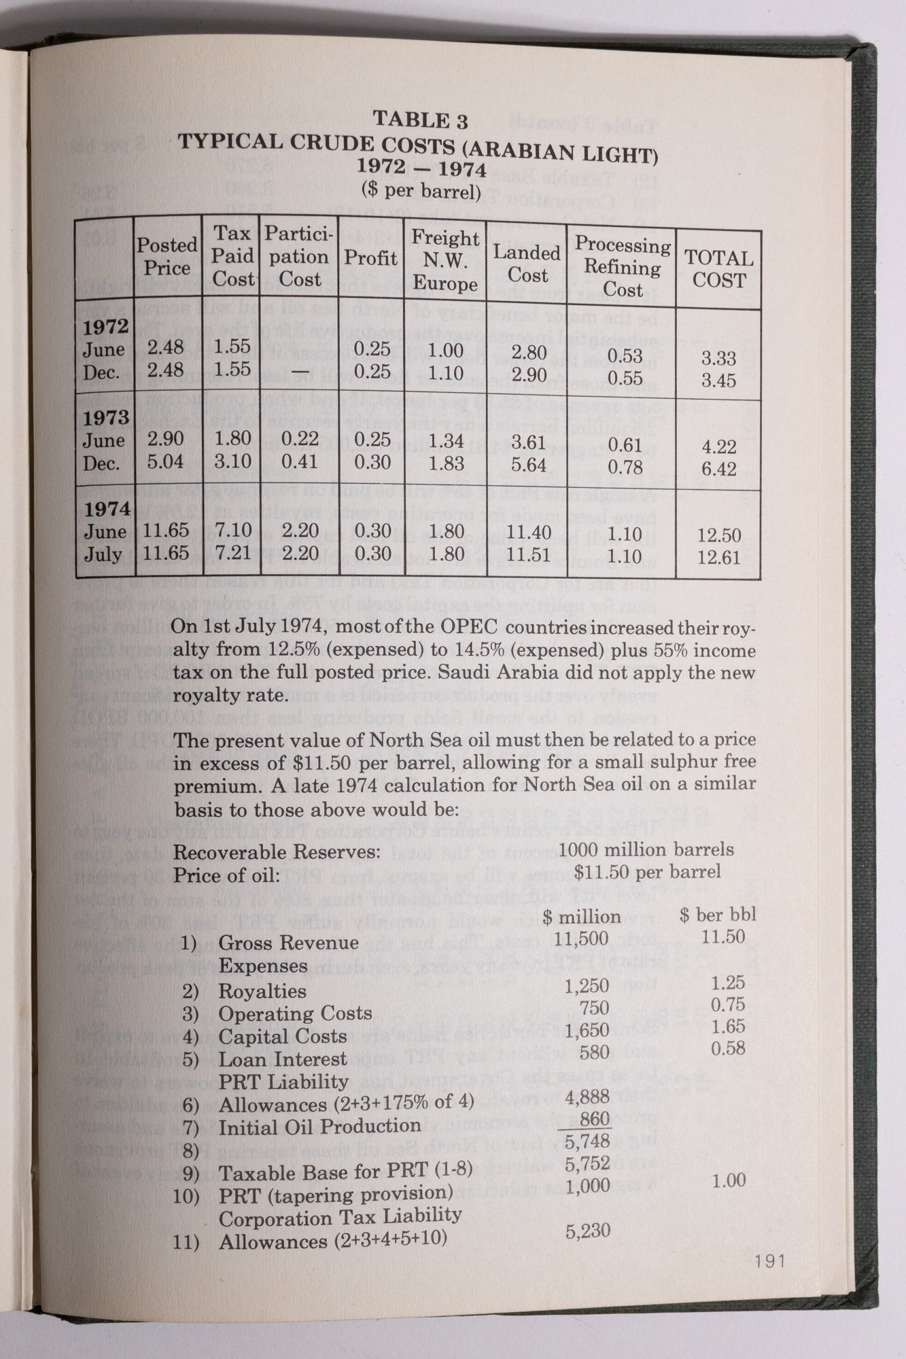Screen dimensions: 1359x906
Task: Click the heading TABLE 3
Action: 421,120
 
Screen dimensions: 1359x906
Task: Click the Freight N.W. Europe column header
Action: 445,260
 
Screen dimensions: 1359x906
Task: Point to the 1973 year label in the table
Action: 106,417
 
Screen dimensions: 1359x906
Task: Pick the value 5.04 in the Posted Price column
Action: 166,462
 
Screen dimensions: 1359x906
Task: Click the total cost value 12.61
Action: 719,558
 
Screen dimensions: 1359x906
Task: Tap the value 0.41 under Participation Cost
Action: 300,462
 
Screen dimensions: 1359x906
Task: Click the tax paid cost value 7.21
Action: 233,553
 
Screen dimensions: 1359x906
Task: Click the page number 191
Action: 769,1261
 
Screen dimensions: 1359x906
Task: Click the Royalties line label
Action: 262,991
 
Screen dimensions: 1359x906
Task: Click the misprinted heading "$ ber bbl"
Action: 718,915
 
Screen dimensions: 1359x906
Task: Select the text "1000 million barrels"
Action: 646,849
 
